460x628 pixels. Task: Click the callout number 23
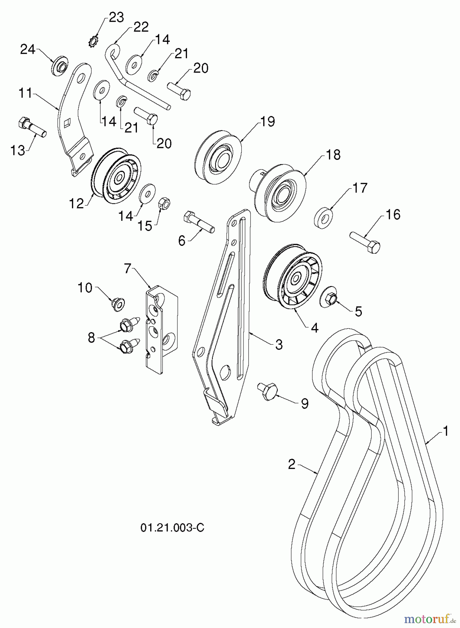coord(116,17)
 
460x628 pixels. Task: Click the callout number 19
coord(268,121)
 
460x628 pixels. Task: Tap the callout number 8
coord(92,337)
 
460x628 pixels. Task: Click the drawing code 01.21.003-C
coord(172,528)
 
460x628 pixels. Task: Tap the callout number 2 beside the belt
coord(292,464)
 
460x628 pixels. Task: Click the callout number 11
coord(26,94)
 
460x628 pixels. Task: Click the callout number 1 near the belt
coord(445,431)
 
